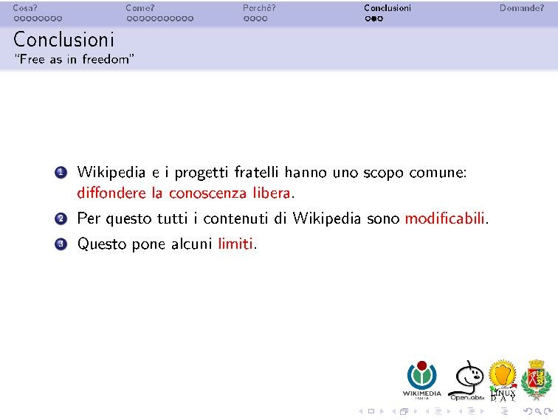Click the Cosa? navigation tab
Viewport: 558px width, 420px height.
24,8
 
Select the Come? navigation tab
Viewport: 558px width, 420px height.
139,8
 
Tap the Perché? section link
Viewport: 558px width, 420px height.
259,8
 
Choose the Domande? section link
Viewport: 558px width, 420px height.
521,8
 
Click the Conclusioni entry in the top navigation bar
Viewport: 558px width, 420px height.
387,8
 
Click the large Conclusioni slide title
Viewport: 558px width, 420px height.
64,38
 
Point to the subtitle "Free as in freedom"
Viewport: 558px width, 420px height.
74,59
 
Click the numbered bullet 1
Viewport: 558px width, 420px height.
61,173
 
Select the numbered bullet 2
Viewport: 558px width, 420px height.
61,219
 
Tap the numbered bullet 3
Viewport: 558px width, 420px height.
61,244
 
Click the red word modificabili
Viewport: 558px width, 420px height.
445,218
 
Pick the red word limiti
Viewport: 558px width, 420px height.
235,243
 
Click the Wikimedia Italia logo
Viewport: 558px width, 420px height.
421,379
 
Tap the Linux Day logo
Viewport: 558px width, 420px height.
503,380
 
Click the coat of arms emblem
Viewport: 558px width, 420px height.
536,379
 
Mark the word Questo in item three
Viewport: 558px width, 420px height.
102,244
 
